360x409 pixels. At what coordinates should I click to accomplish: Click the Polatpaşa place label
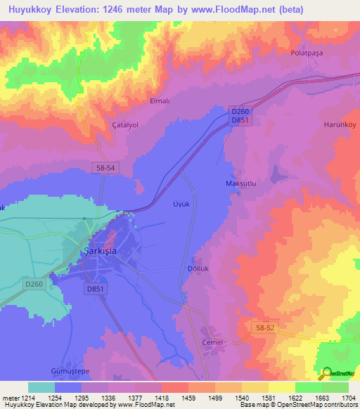(310, 53)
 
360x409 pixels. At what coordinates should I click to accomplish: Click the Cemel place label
(212, 342)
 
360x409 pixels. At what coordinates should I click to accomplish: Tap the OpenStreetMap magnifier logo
(326, 373)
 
